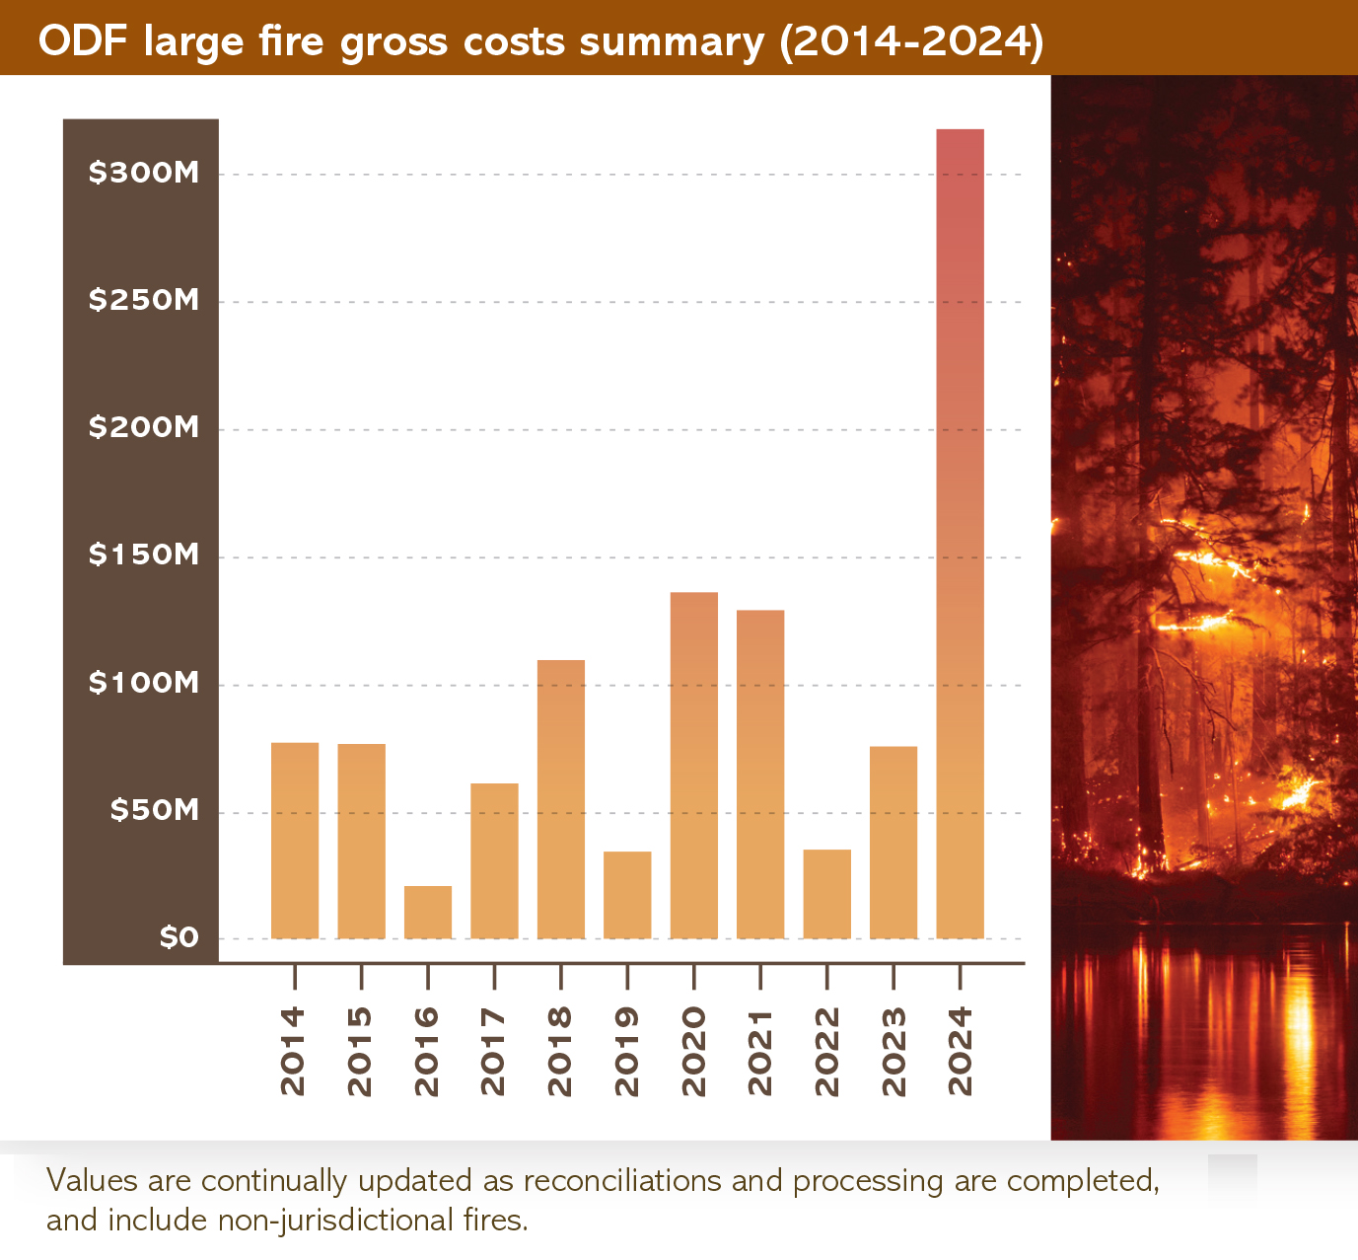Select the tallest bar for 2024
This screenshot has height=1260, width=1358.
960,533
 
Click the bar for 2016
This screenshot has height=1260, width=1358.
428,912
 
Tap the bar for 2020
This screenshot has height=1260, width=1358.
693,765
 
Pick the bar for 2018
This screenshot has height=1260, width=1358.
561,799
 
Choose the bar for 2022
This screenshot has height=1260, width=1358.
826,894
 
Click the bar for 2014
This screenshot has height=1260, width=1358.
295,840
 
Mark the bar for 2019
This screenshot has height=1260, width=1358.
627,894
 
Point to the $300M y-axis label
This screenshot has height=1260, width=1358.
144,173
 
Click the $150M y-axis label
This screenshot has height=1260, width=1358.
144,555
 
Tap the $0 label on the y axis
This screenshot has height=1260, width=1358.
179,936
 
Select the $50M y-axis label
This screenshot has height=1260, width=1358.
154,810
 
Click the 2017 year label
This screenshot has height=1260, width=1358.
493,1051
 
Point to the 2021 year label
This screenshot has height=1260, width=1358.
759,1051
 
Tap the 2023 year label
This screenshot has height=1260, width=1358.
893,1051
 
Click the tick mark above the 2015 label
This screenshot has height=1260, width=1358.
361,977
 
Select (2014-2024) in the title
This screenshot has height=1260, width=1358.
912,41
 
